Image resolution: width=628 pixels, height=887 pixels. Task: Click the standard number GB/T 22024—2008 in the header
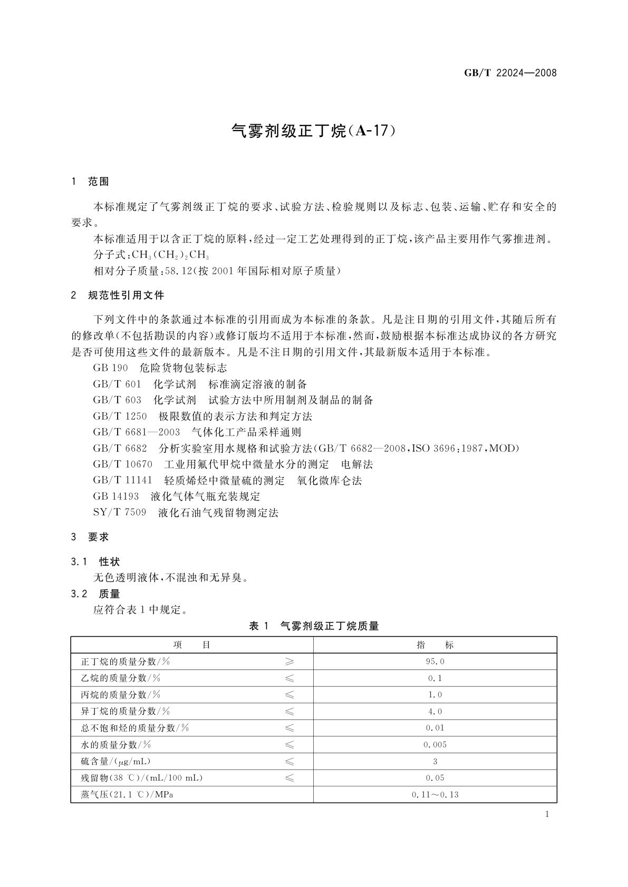pos(510,73)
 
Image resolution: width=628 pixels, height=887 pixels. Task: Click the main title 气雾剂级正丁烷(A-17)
pos(314,131)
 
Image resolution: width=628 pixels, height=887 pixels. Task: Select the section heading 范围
pos(98,182)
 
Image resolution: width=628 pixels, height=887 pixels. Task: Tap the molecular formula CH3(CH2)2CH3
pos(170,255)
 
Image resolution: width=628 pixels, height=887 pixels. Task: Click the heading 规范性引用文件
pos(126,295)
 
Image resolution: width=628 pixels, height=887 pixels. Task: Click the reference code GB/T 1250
pos(120,416)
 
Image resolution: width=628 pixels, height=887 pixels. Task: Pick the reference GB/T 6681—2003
pos(137,432)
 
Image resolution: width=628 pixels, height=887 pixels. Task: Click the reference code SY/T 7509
pos(119,513)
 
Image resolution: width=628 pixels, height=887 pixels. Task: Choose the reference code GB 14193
pos(115,496)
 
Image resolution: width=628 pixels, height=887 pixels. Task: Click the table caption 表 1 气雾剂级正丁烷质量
pos(314,626)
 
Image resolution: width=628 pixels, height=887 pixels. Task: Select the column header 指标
pos(435,645)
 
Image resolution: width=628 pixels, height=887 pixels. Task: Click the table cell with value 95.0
pos(435,662)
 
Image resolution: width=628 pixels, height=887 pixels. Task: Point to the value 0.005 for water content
pos(435,745)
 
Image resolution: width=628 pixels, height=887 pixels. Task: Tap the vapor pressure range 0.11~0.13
pos(435,794)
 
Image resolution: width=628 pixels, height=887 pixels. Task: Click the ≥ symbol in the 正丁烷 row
pos(289,662)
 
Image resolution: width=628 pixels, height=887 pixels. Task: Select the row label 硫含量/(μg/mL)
pos(115,761)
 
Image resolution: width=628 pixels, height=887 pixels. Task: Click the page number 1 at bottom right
pos(547,814)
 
